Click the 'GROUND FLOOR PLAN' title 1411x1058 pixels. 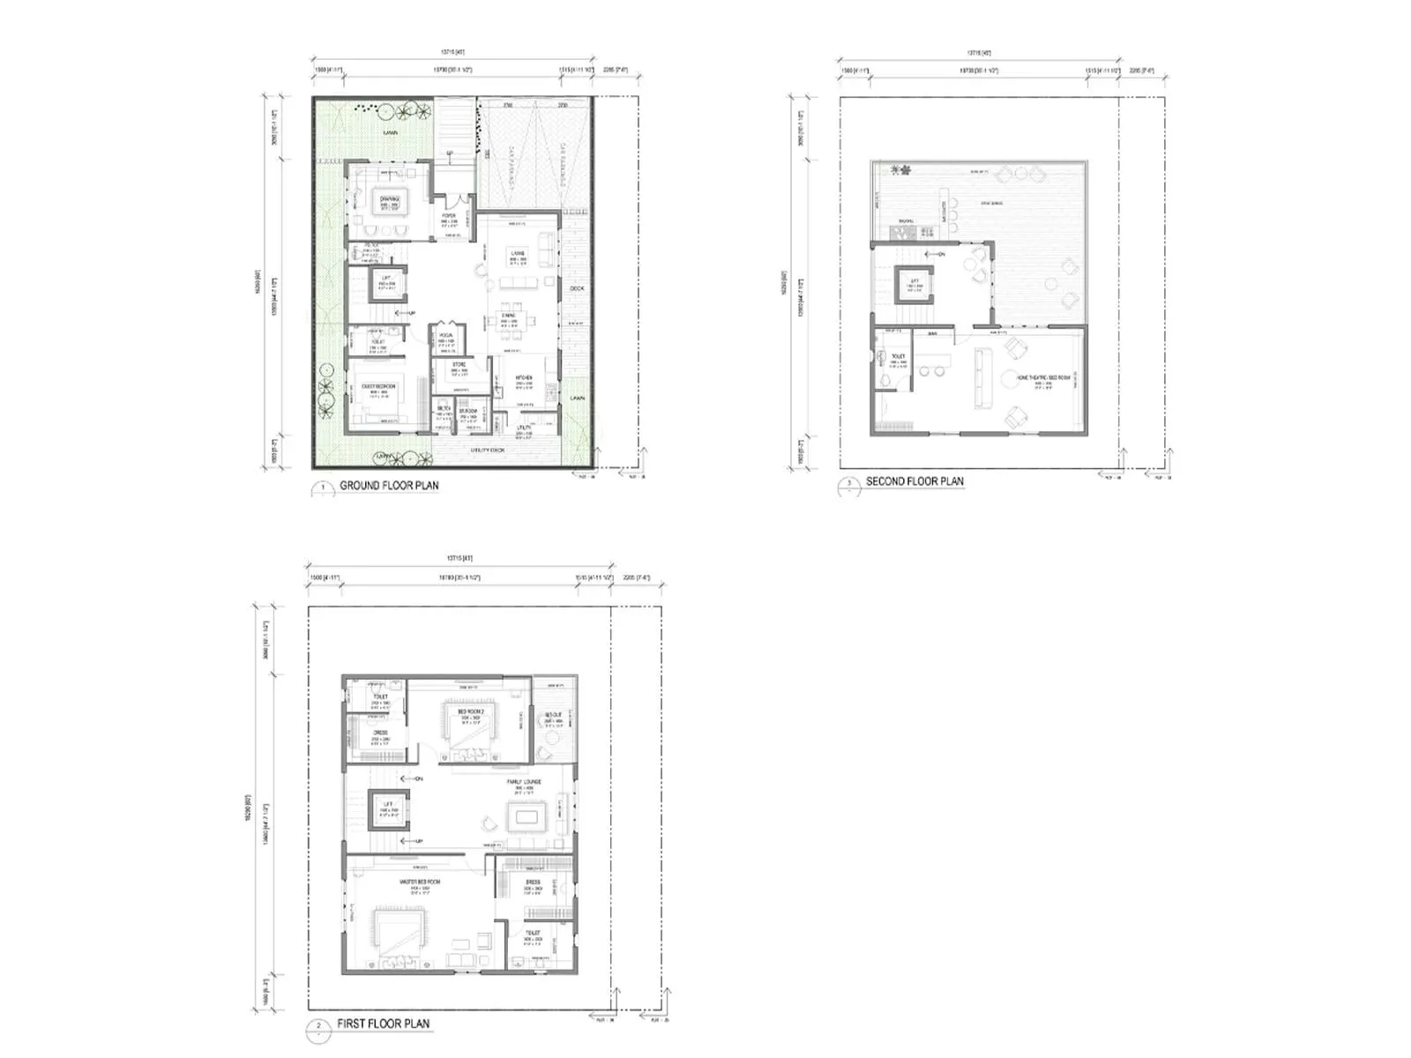389,485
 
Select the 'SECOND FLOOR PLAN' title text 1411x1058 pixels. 915,481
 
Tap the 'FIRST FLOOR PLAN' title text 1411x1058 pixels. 383,1024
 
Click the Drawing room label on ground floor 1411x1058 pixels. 390,199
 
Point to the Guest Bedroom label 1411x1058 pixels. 379,386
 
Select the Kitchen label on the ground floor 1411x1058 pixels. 523,378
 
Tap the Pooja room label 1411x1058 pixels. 446,336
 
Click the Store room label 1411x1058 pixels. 459,364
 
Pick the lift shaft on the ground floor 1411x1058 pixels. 385,283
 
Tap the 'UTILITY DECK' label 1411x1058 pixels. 488,450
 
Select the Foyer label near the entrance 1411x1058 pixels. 449,216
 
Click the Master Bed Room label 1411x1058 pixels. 419,881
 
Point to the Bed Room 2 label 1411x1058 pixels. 470,711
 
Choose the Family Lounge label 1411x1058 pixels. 524,782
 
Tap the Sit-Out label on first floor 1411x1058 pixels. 553,715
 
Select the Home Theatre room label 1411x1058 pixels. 1043,377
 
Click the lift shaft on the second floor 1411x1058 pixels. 915,284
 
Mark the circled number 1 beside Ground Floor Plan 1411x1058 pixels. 323,487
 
